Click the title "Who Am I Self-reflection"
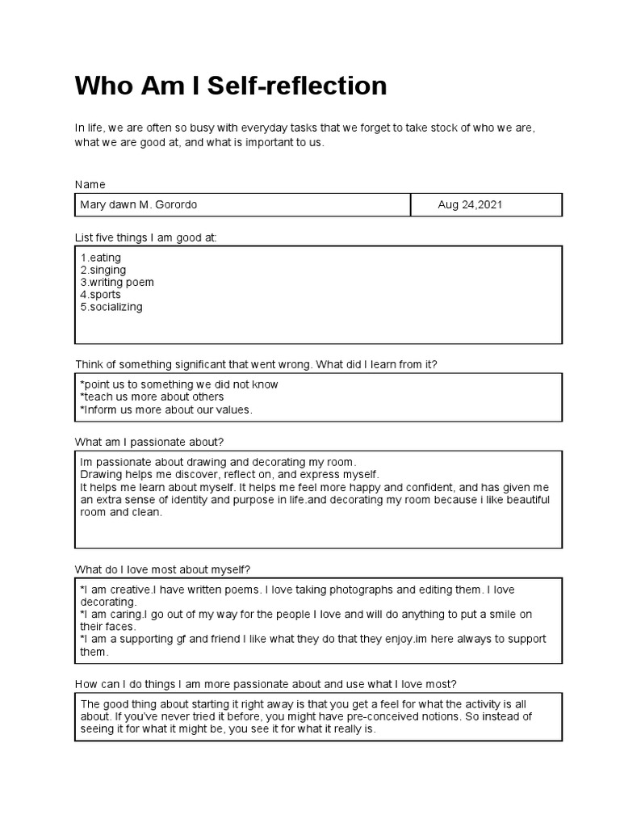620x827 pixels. coord(231,86)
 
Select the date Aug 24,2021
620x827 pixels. coord(470,205)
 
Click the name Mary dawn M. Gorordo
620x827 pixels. coord(138,205)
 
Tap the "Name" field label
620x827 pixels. coord(90,184)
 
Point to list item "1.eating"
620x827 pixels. coord(100,258)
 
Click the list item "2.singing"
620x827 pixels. coord(103,270)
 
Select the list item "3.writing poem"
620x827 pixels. coord(116,283)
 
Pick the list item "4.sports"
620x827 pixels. coord(100,295)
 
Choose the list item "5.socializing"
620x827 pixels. coord(111,307)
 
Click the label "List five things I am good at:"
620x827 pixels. coord(146,237)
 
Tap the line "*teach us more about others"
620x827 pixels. coord(152,397)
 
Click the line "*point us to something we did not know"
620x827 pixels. coord(178,384)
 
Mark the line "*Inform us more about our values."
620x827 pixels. coord(166,409)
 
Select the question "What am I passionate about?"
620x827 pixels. coord(149,442)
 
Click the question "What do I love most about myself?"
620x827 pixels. coord(168,569)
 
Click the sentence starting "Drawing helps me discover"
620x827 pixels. coord(229,474)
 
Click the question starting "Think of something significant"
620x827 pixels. coord(256,364)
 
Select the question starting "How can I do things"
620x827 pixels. coord(266,683)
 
